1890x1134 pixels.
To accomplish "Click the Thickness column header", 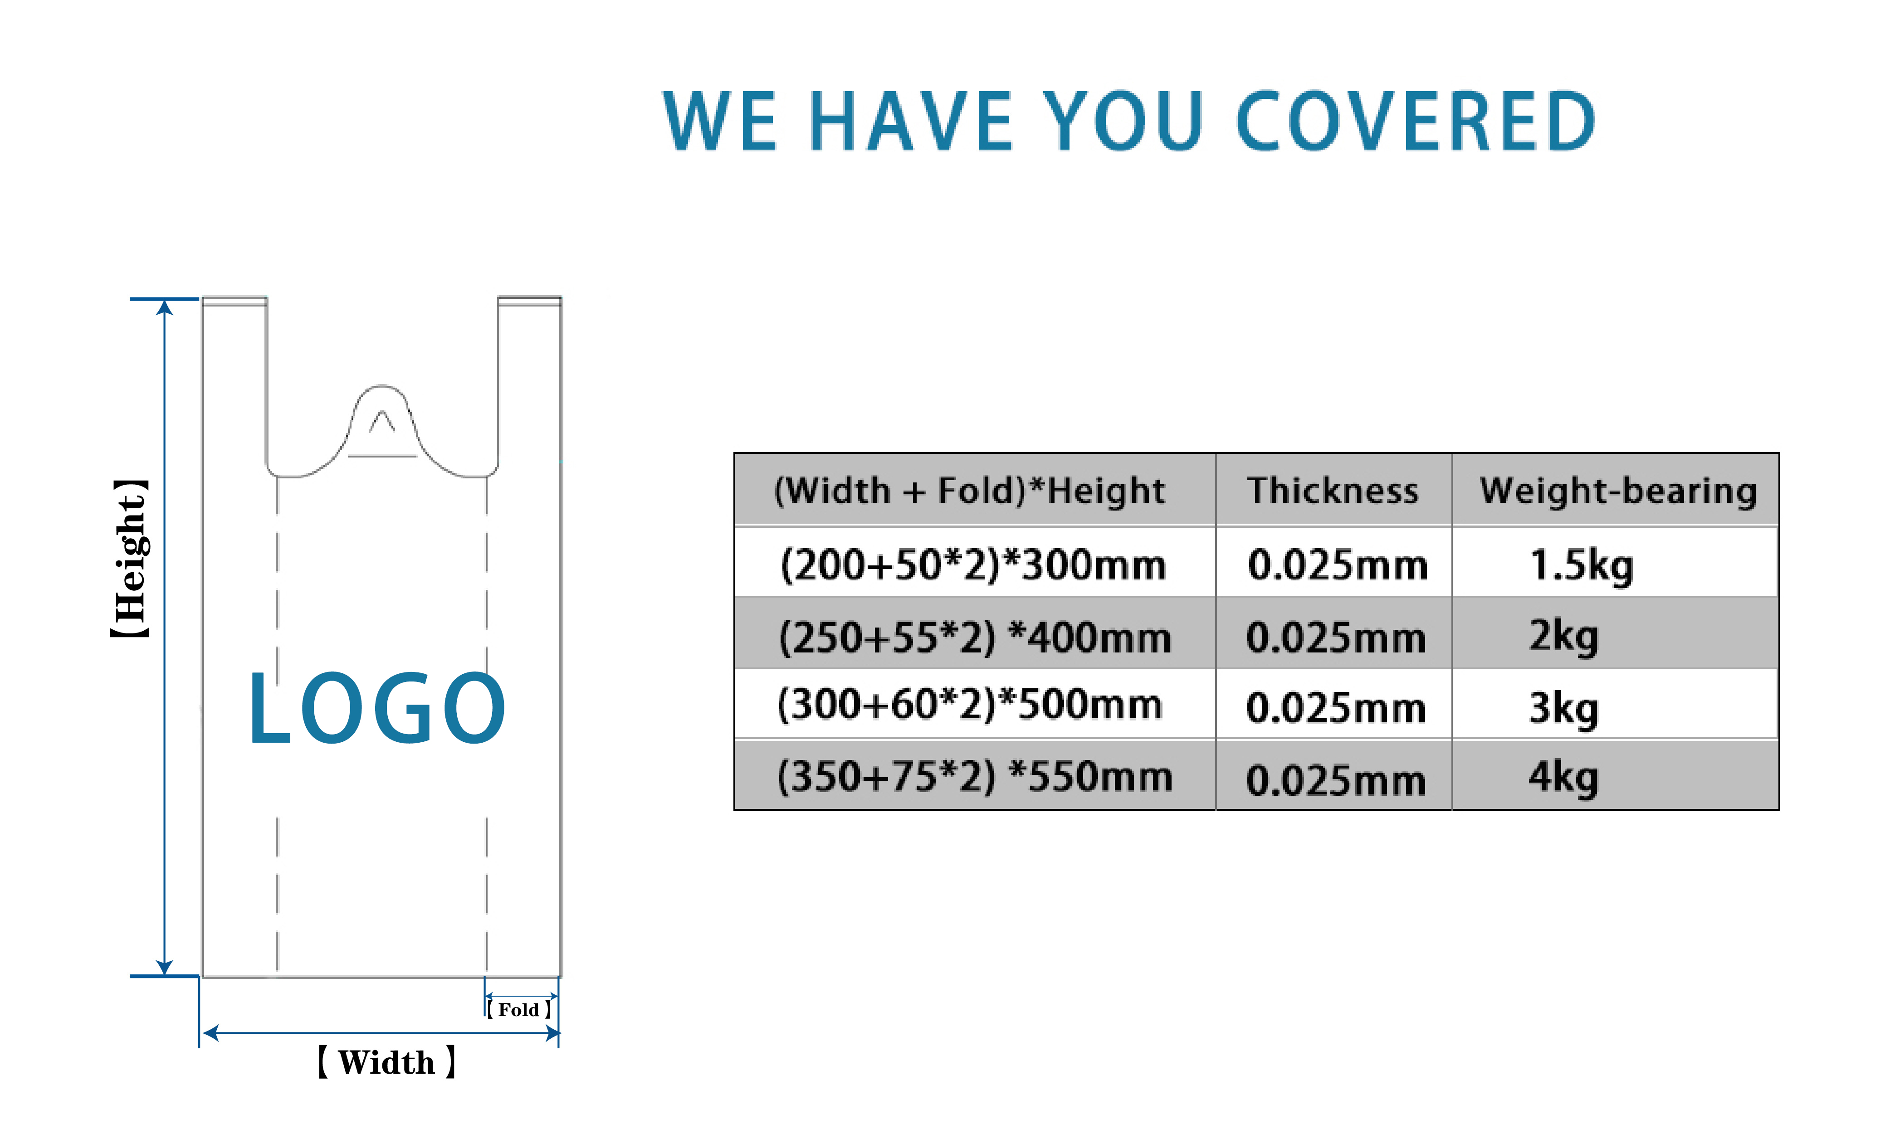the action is click(x=1333, y=490).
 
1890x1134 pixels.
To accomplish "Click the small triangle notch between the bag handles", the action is click(x=382, y=422).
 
